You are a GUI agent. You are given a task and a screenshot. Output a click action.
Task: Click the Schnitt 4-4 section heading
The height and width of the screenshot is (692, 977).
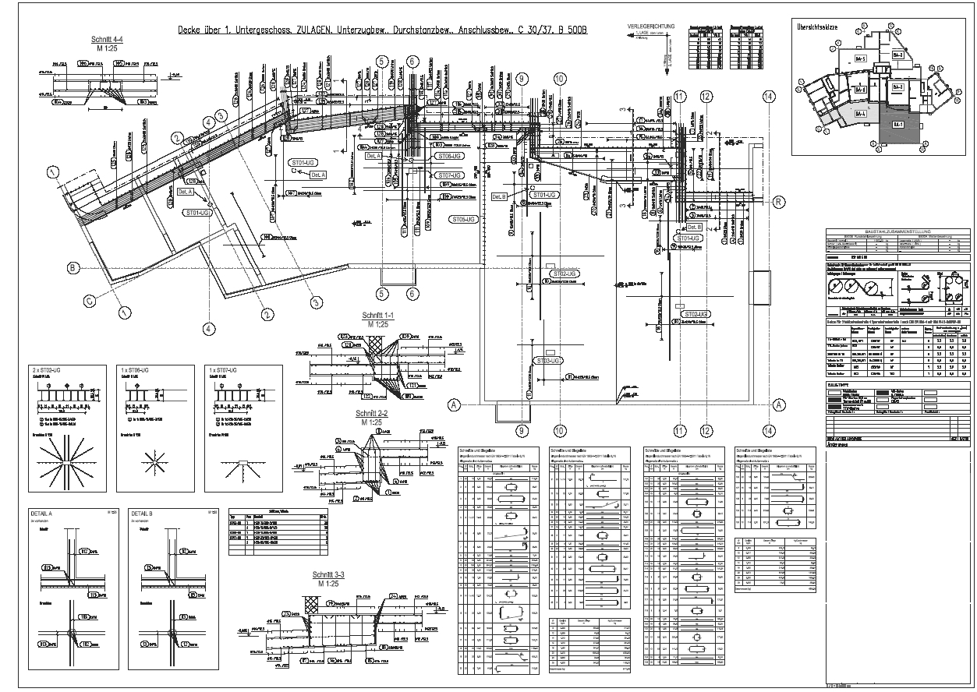(107, 38)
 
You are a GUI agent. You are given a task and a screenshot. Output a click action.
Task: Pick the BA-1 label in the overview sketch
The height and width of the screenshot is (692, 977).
(898, 124)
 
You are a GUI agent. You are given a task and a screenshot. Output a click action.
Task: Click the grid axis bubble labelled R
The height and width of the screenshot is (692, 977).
(777, 202)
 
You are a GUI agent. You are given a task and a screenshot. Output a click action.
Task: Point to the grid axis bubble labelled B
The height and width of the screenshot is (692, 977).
(73, 268)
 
